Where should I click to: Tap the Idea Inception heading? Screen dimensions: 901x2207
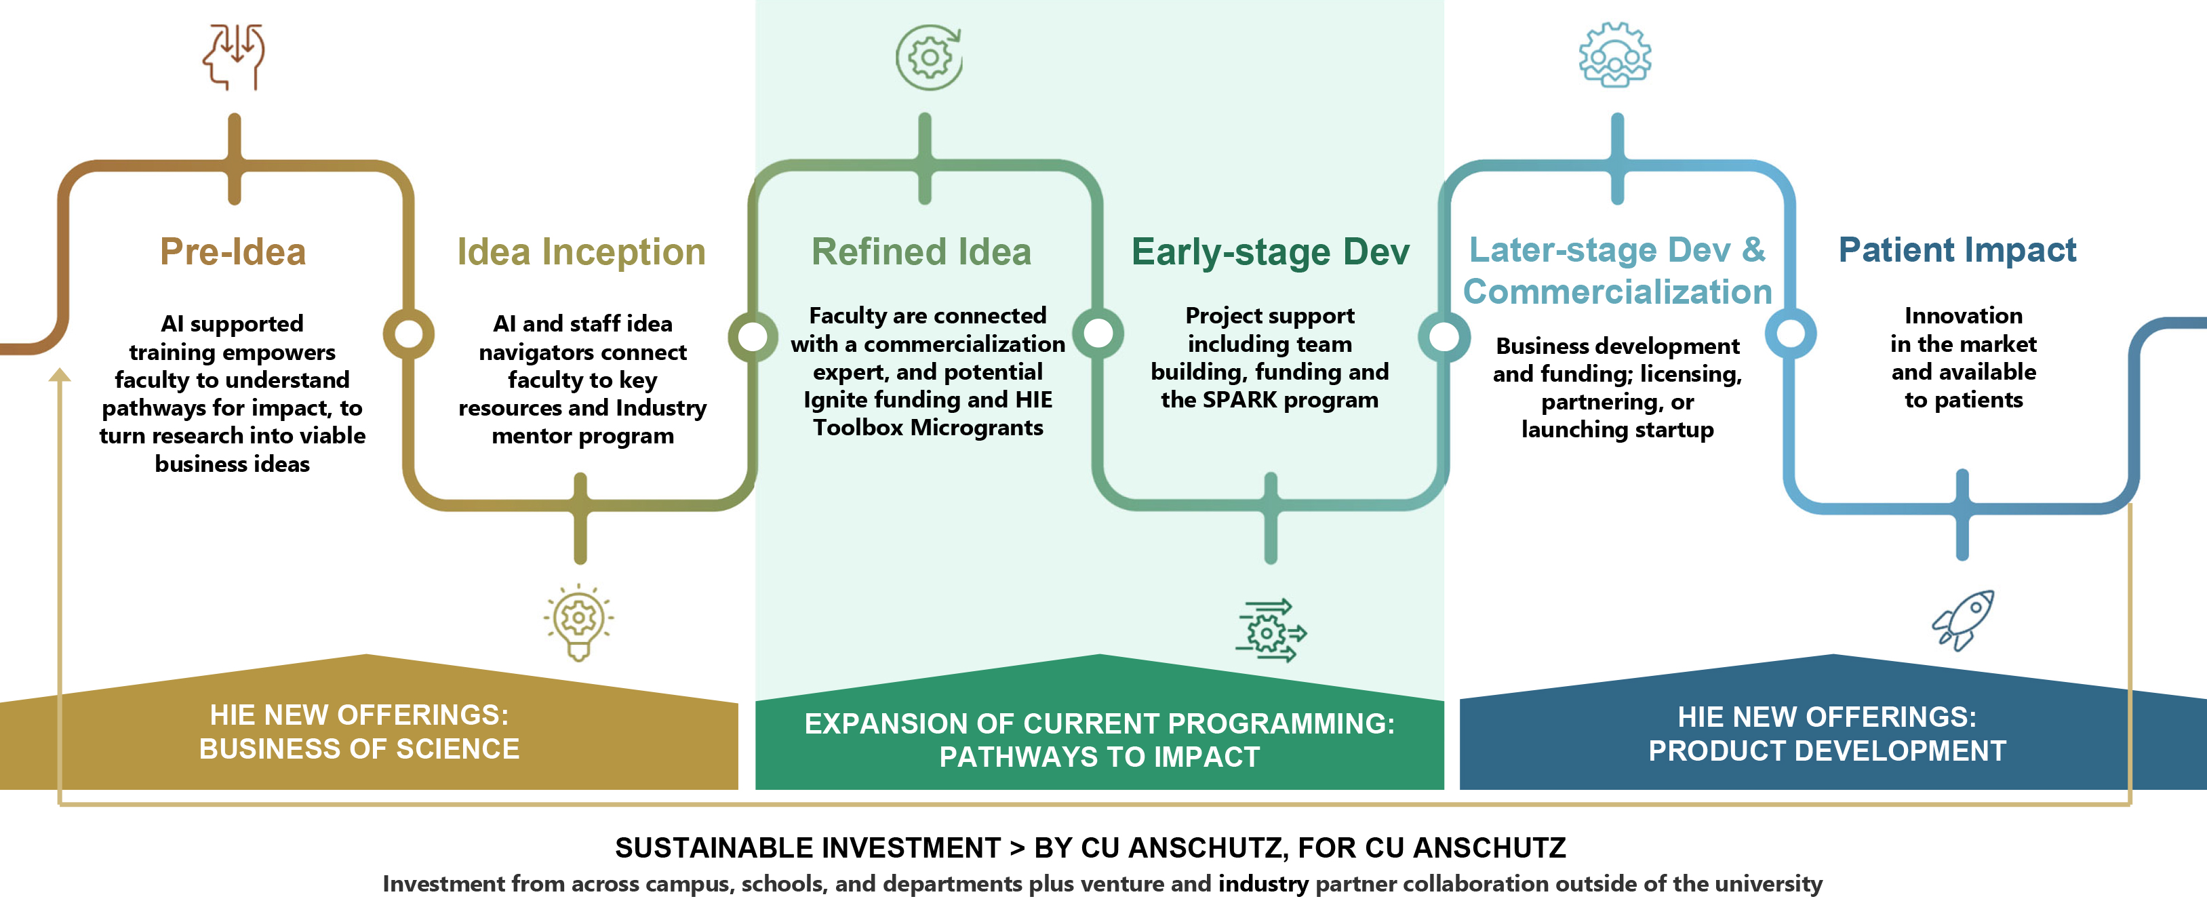(x=581, y=252)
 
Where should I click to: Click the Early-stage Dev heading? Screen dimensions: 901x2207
(x=1270, y=252)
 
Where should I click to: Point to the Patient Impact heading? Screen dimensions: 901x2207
(x=1957, y=250)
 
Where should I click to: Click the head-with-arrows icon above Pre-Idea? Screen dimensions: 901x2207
(x=234, y=56)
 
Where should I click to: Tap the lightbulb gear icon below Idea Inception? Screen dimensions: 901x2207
(x=579, y=621)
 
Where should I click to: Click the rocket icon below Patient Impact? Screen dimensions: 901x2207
(x=1963, y=620)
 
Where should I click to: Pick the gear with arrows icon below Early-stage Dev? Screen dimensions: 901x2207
(x=1271, y=630)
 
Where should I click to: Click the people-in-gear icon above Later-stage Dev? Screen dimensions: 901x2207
(x=1615, y=55)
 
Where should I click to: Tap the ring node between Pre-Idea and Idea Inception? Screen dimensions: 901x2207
(x=409, y=333)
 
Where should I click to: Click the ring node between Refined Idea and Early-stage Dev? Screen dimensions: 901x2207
(x=1098, y=333)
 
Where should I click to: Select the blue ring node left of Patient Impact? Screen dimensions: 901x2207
(x=1791, y=333)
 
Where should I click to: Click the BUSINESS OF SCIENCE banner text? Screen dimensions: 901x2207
(x=359, y=748)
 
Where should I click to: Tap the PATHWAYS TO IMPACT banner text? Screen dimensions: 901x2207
(x=1099, y=757)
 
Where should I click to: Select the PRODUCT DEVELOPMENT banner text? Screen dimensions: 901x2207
(x=1827, y=750)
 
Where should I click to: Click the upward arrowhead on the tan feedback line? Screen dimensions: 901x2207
(x=59, y=375)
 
